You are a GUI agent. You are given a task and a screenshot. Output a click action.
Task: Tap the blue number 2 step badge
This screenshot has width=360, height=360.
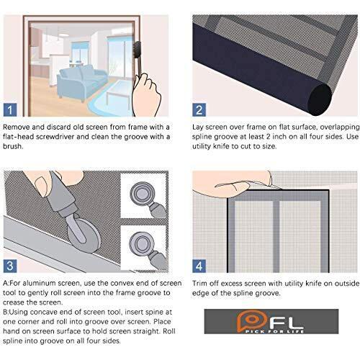(199, 111)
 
